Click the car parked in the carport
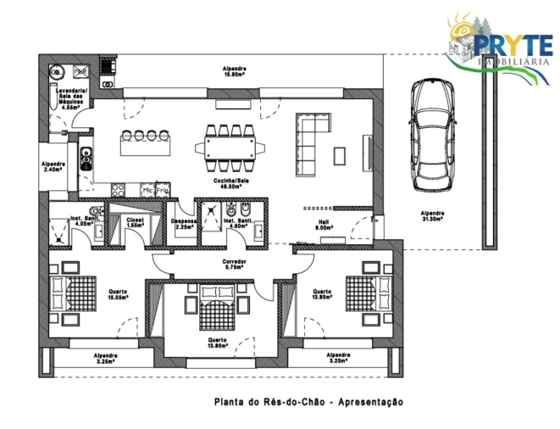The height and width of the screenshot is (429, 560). click(x=433, y=136)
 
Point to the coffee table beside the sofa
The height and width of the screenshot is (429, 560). click(x=340, y=156)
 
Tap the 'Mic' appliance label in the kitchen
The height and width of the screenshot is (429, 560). click(x=148, y=190)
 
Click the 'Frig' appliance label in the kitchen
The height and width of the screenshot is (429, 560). click(x=163, y=190)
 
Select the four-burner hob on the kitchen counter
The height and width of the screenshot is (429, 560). click(x=119, y=188)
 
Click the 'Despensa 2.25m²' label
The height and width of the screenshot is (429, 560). click(x=185, y=224)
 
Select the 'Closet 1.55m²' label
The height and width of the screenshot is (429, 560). click(x=136, y=223)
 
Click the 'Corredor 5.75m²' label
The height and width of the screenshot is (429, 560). click(x=234, y=265)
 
